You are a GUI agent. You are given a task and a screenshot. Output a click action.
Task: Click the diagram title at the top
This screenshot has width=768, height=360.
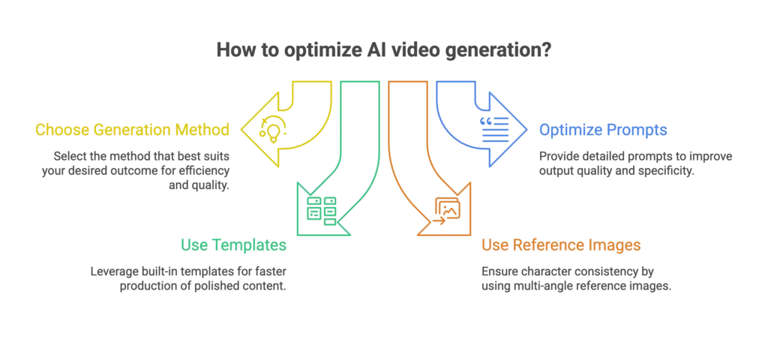[x=383, y=49]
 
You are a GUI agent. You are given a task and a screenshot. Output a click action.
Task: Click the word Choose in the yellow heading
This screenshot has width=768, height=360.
[x=58, y=130]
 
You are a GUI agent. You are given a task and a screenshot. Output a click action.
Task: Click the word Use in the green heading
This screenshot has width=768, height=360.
[x=193, y=244]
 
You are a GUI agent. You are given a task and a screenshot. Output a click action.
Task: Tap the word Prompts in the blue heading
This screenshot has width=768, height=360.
[x=637, y=130]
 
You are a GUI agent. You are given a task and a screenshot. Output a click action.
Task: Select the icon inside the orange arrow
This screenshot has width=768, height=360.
[x=447, y=208]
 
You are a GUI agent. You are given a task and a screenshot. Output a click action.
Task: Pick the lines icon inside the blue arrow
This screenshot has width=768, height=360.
[x=494, y=130]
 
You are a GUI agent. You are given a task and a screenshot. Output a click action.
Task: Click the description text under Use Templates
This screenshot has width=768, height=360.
[x=188, y=277]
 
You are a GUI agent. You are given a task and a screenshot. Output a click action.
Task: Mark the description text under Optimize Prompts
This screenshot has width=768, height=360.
[x=636, y=163]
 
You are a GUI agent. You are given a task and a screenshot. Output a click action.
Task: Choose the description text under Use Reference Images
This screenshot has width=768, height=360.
[x=574, y=277]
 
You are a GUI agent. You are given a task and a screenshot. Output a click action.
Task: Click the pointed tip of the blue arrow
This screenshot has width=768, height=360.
[x=527, y=129]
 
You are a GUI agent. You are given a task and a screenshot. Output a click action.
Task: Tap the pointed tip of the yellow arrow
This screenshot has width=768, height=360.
[x=241, y=129]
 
